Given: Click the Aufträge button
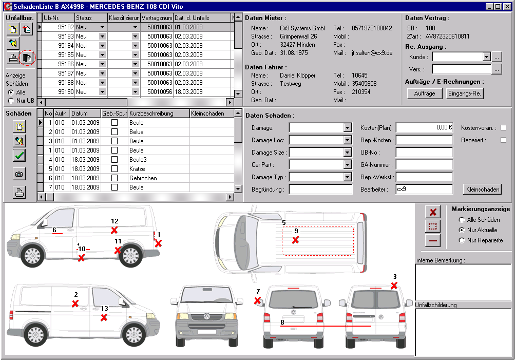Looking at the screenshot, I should [x=424, y=93].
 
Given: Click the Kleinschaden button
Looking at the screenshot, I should [x=482, y=190].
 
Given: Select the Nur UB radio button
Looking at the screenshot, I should [x=11, y=101].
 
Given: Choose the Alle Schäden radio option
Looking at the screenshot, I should [x=462, y=220].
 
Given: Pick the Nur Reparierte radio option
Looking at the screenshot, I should [x=462, y=240].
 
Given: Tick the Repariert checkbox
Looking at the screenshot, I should [x=503, y=140].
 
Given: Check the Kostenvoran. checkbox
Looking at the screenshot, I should [x=503, y=128].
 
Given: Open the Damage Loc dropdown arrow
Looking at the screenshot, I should [x=347, y=140].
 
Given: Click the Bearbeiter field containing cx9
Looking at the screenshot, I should [x=424, y=190].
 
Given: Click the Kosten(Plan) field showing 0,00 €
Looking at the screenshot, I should [x=424, y=128].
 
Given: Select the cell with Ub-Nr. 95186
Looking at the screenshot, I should [x=59, y=64].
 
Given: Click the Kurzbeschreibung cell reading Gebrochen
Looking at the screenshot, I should [x=158, y=178].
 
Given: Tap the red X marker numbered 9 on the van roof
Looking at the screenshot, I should [x=295, y=240].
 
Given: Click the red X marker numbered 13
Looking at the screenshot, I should [x=104, y=318].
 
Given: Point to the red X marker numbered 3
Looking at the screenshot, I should [x=394, y=286].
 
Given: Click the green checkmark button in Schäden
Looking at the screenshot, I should [x=19, y=155].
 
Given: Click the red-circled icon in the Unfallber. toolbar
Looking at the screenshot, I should [x=27, y=59].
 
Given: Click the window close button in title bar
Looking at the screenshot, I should [x=507, y=6].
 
